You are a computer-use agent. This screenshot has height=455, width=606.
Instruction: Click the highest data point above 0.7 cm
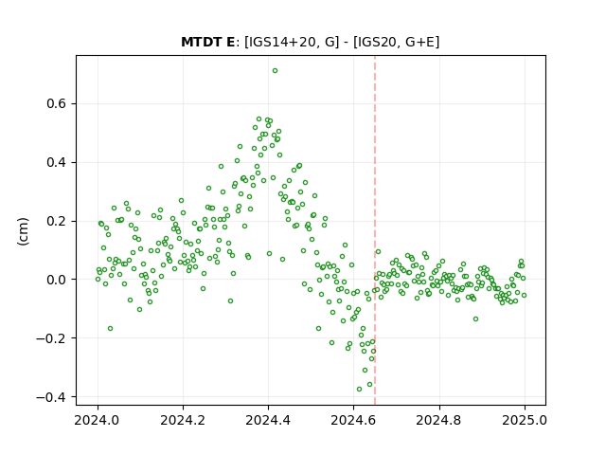point(275,71)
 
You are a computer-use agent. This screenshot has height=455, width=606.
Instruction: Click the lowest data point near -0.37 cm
point(359,389)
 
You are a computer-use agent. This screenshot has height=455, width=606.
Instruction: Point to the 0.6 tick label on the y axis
point(57,103)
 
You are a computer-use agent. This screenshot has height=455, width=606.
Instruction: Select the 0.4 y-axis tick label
point(57,162)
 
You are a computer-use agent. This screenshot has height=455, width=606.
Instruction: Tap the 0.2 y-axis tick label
point(57,221)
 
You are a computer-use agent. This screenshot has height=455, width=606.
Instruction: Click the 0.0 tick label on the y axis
point(57,280)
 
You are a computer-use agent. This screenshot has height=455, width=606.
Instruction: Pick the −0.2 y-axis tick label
point(52,338)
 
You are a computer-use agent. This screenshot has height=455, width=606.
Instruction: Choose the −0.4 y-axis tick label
point(52,397)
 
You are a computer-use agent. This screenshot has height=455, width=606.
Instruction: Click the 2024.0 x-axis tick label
point(97,420)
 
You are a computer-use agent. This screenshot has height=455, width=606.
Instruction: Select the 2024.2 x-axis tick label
point(183,420)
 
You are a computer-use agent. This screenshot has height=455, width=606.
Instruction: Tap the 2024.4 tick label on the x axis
point(268,420)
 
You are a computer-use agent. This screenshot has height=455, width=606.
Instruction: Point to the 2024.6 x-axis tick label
point(353,420)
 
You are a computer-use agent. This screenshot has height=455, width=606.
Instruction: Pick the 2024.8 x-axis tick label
point(438,420)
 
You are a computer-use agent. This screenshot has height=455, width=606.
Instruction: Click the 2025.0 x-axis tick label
point(525,420)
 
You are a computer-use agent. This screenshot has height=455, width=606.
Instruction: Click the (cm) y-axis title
point(23,231)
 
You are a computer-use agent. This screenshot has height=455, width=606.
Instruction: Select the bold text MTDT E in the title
point(208,42)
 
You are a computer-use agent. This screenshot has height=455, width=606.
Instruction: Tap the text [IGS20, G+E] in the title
point(397,42)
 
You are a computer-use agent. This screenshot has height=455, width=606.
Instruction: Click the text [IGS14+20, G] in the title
point(292,42)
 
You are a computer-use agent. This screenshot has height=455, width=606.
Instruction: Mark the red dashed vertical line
point(375,230)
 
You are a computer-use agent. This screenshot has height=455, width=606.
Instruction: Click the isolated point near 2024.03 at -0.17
point(110,329)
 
